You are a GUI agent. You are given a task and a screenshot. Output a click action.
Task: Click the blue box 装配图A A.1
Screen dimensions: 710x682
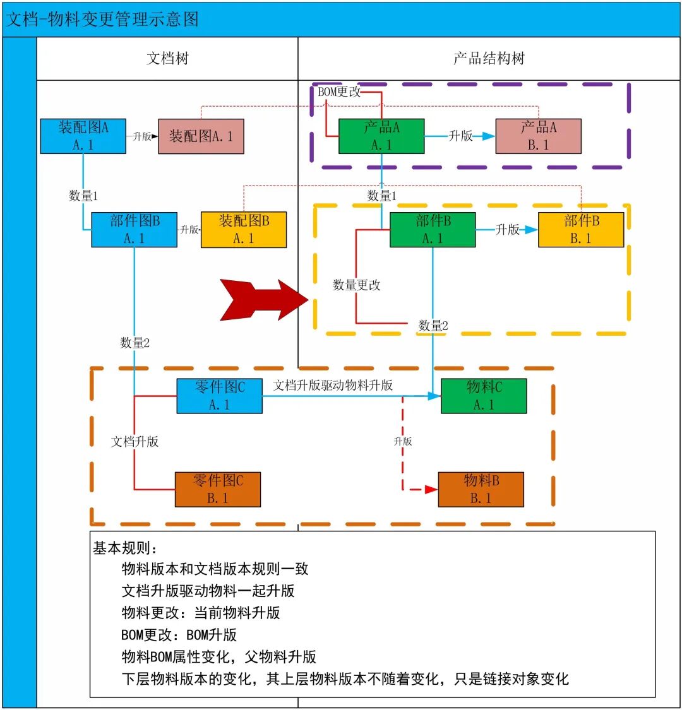[83, 136]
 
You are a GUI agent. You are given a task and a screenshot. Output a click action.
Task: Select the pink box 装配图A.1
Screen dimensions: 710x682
[201, 136]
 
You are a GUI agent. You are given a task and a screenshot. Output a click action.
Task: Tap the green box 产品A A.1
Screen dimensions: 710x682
[381, 136]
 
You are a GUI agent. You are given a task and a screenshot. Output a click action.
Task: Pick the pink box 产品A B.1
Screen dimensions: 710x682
[538, 136]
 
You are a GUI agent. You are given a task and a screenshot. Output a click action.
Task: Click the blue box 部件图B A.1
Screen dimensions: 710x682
[135, 229]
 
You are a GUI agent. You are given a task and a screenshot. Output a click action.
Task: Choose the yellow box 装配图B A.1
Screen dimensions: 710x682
[244, 229]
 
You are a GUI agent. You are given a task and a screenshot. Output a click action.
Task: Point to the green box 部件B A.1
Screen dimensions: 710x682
[433, 229]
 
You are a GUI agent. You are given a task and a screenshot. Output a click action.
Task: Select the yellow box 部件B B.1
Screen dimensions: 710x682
[580, 229]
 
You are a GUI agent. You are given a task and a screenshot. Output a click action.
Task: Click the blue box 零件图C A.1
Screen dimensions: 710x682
[219, 396]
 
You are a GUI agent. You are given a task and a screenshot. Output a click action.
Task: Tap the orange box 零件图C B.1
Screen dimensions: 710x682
[218, 489]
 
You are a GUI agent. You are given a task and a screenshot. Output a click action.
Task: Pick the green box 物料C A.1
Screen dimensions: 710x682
[484, 396]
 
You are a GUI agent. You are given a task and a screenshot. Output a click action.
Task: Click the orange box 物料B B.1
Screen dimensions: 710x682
[481, 489]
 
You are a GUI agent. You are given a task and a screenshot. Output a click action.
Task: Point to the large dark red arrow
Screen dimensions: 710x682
[262, 300]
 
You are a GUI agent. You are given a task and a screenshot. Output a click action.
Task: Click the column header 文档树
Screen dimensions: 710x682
[167, 59]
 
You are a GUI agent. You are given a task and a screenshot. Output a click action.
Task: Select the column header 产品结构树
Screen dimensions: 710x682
[489, 59]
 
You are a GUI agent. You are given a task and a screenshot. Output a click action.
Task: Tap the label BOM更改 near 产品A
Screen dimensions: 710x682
[339, 92]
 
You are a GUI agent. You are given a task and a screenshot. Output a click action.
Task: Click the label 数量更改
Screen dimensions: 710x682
[357, 285]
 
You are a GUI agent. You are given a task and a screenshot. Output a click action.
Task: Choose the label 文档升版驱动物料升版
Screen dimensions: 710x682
[333, 385]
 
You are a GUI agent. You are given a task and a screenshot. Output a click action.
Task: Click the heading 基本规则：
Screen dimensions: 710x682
[127, 548]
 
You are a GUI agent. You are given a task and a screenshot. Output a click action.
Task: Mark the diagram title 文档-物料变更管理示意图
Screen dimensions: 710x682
[103, 19]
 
